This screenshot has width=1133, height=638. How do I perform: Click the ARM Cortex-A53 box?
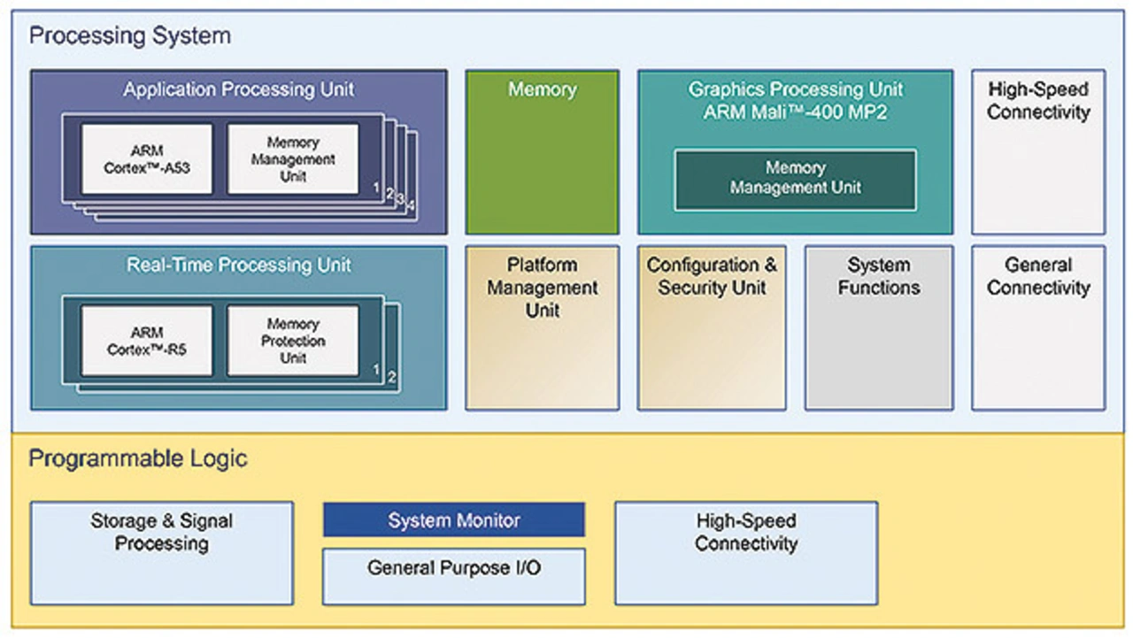pos(147,159)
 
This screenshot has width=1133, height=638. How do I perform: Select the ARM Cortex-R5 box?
pos(147,341)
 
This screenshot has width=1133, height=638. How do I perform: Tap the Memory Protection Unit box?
pos(293,341)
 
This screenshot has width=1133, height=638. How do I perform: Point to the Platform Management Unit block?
pos(542,327)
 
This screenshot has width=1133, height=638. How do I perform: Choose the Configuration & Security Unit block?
pos(712,327)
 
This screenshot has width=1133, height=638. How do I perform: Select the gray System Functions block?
pos(878,327)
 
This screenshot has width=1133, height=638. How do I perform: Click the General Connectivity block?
pos(1038,327)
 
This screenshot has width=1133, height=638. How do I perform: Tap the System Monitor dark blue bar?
pos(453,520)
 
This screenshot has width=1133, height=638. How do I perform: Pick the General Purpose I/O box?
pos(453,576)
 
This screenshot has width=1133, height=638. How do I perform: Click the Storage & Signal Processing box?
pos(162,553)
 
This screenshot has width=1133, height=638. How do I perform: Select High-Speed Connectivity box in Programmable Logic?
pos(746,553)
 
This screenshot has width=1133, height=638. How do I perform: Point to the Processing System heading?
pos(129,36)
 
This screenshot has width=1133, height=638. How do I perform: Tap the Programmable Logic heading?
pos(138,458)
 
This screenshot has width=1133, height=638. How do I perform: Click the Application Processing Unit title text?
pos(238,89)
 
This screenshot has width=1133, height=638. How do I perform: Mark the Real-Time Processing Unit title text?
pos(238,265)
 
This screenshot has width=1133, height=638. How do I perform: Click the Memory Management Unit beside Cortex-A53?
pos(293,159)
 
